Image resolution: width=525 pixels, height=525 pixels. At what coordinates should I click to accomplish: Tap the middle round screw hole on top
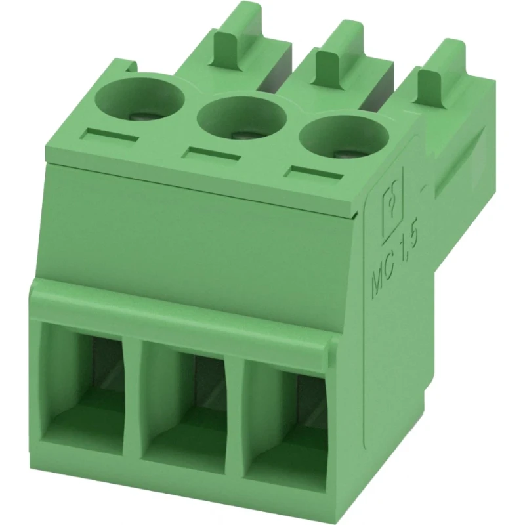click(242, 117)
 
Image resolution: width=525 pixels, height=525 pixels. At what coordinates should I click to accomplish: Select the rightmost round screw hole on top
click(345, 136)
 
